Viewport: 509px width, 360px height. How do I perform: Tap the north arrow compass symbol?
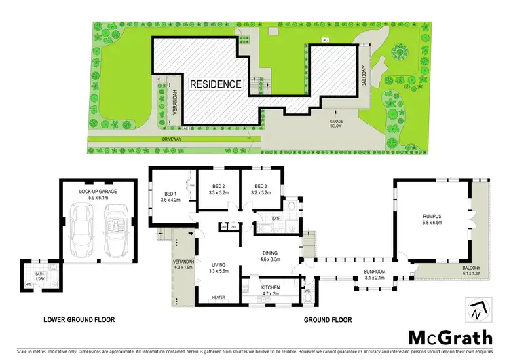476,310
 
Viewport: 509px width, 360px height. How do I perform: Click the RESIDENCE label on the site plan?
215,84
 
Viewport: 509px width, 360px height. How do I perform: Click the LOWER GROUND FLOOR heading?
79,319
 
